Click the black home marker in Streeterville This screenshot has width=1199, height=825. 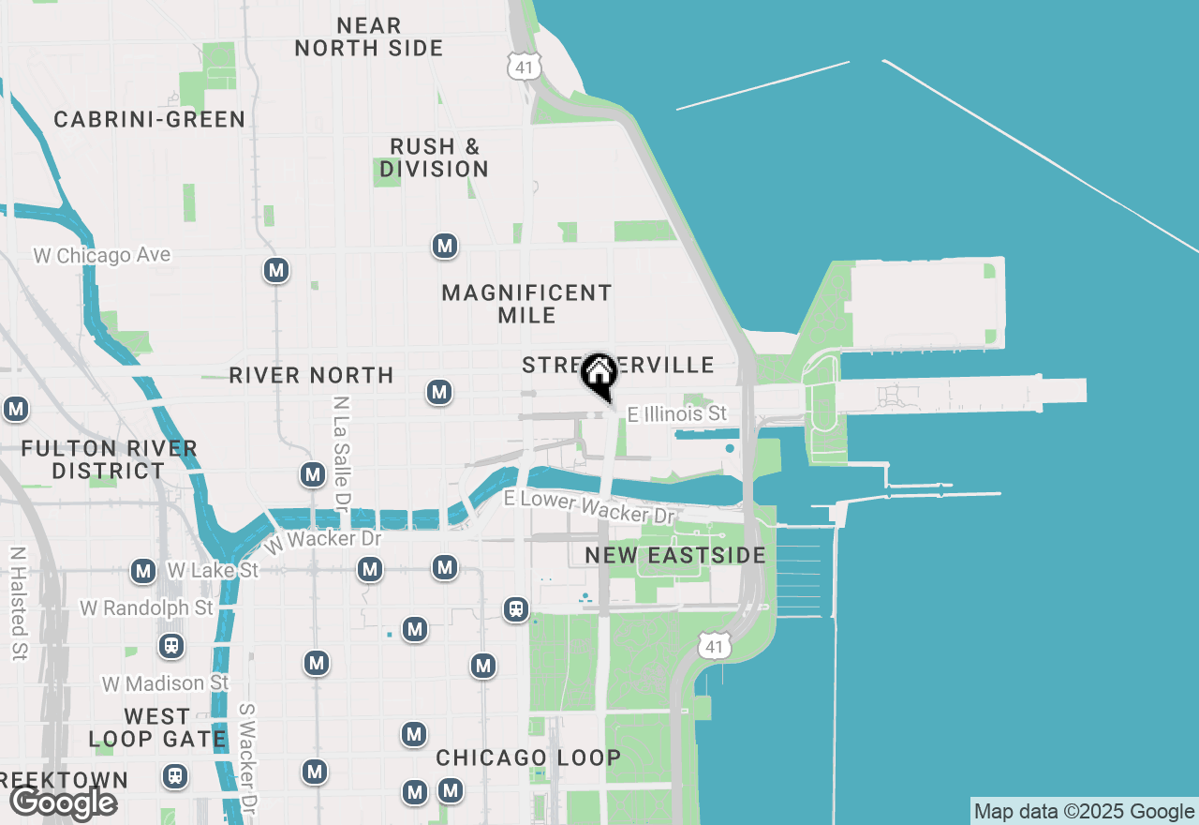coord(599,373)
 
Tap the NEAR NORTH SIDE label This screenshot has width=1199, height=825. coord(369,37)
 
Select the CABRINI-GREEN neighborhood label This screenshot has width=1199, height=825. coord(150,120)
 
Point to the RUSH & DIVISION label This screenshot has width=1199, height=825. coord(435,158)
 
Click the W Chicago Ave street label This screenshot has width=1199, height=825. coord(102,255)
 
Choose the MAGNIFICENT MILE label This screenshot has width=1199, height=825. coord(526,304)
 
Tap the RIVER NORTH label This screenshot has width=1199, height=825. coord(311,375)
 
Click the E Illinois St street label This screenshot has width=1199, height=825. coord(676,413)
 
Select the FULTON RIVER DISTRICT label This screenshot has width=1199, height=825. coord(109,459)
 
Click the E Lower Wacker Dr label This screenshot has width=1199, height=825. coord(589,506)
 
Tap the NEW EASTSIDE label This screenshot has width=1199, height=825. coord(675,555)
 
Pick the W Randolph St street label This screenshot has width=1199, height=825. coord(146,608)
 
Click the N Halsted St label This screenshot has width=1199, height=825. coord(18,604)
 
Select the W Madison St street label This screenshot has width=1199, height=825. coord(165,683)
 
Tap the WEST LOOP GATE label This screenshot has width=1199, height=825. coord(157,727)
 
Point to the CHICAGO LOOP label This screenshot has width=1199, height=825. coord(528,757)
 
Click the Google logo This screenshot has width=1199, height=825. coord(63,803)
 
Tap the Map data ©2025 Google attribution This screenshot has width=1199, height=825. coord(1084,812)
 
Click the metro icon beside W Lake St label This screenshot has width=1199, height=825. coord(143,570)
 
